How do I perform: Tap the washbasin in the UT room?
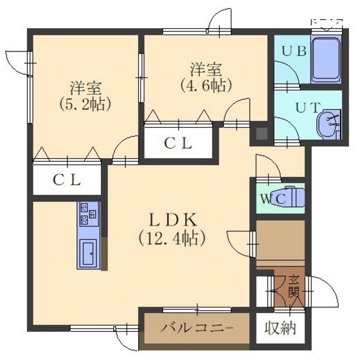click(328, 124)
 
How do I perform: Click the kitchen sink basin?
click(89, 253)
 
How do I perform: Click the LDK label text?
click(174, 220)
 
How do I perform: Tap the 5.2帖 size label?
click(85, 104)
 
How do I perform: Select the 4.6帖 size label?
click(206, 85)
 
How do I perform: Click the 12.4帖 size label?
click(172, 239)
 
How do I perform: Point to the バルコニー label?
click(197, 327)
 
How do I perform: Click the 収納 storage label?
click(280, 328)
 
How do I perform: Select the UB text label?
click(294, 51)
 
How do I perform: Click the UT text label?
click(308, 107)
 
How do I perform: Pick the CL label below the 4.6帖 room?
click(178, 143)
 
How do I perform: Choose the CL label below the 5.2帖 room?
click(67, 180)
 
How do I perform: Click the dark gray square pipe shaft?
click(262, 134)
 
